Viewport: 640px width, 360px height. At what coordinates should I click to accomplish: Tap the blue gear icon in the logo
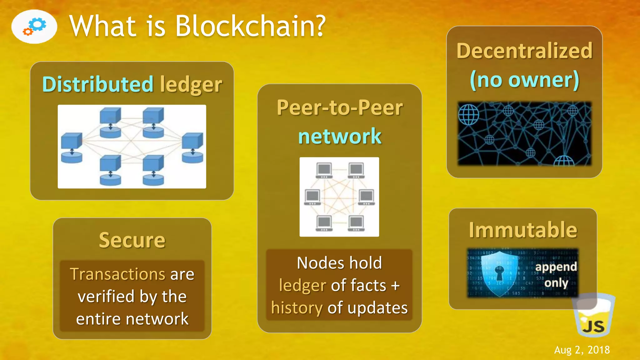(39, 24)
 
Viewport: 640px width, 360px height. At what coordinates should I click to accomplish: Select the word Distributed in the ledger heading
(98, 84)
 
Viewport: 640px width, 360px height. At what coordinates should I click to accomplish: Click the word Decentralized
(524, 51)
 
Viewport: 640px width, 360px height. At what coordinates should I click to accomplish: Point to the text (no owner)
(524, 80)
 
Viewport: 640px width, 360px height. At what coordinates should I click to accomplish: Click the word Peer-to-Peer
(340, 108)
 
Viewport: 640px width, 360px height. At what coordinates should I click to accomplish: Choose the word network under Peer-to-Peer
(340, 136)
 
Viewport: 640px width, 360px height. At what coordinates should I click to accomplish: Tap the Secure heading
(132, 240)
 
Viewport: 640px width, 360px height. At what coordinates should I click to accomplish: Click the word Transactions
(117, 274)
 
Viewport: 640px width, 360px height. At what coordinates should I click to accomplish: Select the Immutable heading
(523, 230)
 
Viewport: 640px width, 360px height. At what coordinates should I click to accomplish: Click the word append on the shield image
(556, 267)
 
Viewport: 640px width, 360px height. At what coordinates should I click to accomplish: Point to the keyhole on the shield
(499, 272)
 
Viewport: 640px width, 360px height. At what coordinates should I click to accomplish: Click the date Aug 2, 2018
(582, 350)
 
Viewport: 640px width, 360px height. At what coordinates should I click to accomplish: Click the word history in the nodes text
(297, 308)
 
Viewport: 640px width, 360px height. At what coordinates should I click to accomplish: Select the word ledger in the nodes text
(302, 285)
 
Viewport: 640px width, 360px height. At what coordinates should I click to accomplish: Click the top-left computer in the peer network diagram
(324, 170)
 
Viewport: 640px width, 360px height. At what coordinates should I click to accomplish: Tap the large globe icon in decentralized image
(468, 114)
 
